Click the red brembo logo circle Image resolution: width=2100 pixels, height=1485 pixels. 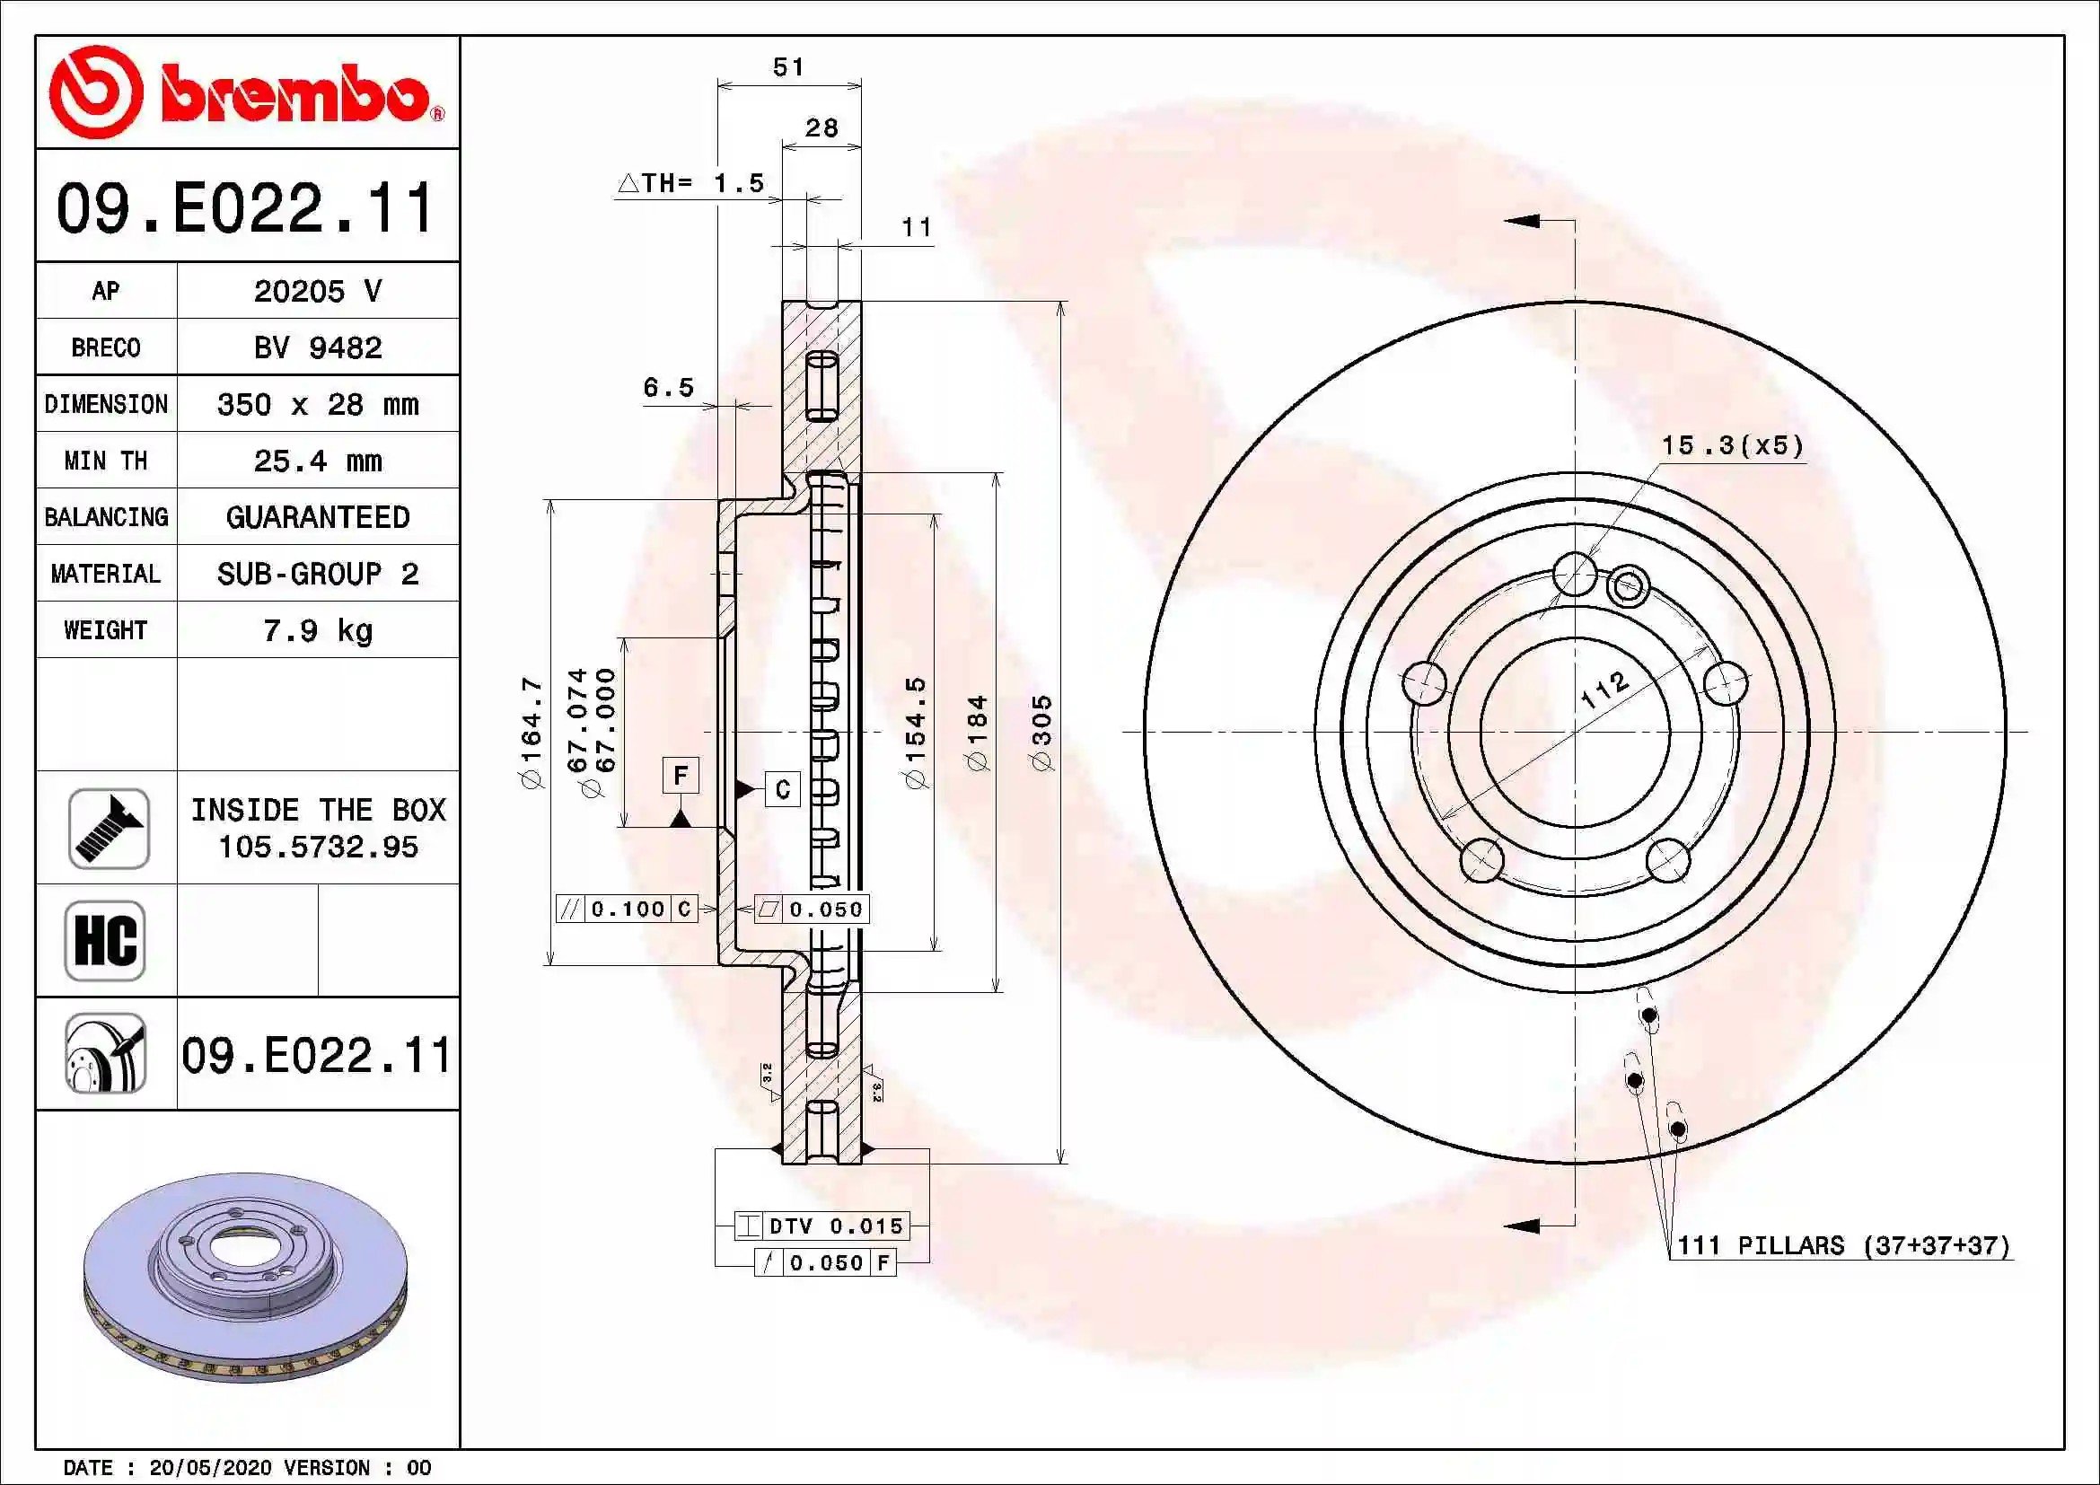coord(95,92)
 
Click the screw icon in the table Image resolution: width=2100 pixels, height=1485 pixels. coord(108,829)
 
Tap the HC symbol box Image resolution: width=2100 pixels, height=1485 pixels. coord(105,941)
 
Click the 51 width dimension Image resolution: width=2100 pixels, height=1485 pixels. coord(788,66)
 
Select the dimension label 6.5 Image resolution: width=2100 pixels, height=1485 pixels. coord(669,388)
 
